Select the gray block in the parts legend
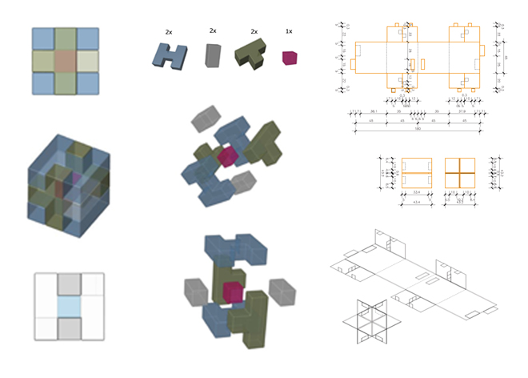click(212, 54)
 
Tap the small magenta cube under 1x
click(289, 57)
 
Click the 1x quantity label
click(288, 31)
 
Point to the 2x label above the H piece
click(170, 31)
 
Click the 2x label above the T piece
click(254, 31)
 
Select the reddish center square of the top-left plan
click(66, 61)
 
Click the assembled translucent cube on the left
click(66, 179)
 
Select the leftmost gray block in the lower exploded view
click(196, 289)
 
